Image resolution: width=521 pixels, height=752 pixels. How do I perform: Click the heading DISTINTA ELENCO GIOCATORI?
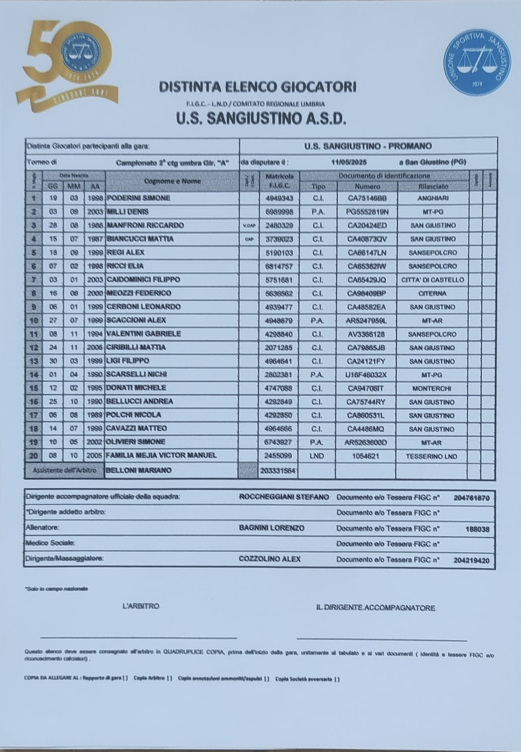258,87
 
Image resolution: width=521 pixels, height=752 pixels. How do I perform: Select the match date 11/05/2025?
349,162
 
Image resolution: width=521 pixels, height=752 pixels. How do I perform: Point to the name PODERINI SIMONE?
138,198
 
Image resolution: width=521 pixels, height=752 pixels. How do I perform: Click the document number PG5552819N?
367,212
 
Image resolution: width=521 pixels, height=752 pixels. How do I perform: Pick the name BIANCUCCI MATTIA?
140,239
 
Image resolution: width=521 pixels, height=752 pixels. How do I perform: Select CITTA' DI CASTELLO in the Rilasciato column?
433,280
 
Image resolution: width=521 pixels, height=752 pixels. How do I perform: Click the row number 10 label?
34,320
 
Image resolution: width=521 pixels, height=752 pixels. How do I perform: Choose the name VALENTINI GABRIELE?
143,334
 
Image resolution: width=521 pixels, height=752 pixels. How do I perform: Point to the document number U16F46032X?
367,375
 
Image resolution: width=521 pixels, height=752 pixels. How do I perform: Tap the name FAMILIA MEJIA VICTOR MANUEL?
161,456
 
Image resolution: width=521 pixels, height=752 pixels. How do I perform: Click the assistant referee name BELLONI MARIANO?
139,470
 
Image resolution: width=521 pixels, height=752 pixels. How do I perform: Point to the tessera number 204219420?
471,560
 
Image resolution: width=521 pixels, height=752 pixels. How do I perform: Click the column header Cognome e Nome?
172,181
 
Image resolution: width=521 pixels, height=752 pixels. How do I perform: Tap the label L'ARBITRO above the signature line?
141,606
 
